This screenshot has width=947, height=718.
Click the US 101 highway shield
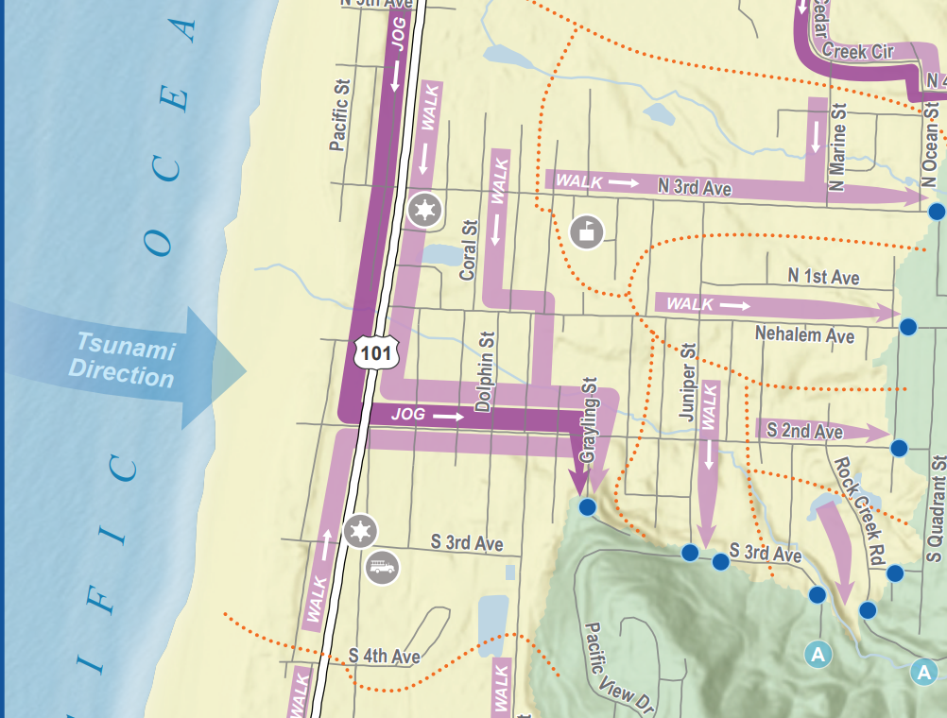[377, 351]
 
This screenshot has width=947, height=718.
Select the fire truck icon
[383, 568]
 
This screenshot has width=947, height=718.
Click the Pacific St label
[340, 115]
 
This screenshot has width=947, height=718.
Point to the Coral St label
[468, 250]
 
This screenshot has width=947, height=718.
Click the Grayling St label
[590, 421]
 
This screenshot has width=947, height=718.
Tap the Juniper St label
[688, 381]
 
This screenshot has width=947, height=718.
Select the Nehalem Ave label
[804, 335]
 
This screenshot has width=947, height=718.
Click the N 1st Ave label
[823, 277]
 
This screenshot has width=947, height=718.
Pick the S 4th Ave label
[384, 655]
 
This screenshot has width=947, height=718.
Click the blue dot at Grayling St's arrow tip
[587, 507]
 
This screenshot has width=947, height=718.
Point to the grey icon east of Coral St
[587, 231]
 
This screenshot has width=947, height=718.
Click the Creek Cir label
[857, 51]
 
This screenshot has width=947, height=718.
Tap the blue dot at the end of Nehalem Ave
[908, 327]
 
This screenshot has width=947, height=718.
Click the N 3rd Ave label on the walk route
[695, 187]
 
